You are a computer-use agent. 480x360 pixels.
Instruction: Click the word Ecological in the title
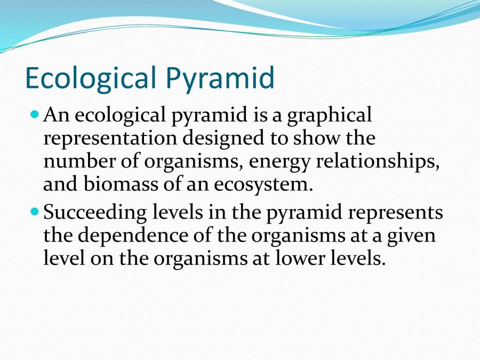pyautogui.click(x=90, y=78)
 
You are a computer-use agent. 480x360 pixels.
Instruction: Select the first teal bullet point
pyautogui.click(x=36, y=115)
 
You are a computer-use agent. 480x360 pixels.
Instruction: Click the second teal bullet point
pyautogui.click(x=36, y=212)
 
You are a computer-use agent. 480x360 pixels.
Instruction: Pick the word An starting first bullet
pyautogui.click(x=54, y=115)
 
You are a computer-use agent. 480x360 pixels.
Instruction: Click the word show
pyautogui.click(x=321, y=138)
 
